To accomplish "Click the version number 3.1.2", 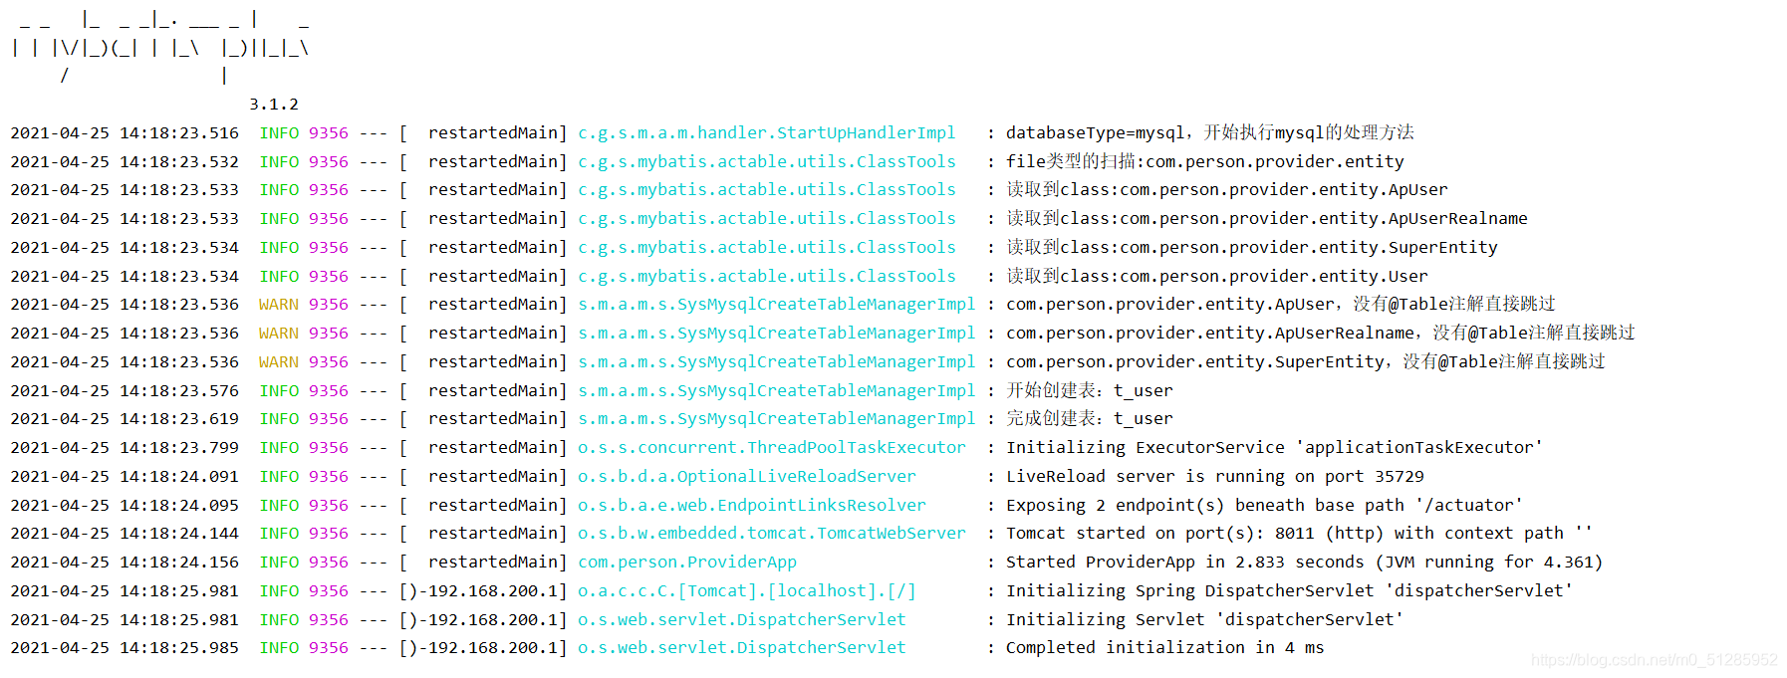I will click(273, 105).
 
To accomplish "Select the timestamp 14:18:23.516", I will click(179, 133).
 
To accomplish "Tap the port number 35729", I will click(1400, 477).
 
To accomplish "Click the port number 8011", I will click(1294, 534).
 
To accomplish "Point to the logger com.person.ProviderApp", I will click(687, 563).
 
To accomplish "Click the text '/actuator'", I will click(1468, 506).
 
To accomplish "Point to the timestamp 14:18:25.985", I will click(179, 648).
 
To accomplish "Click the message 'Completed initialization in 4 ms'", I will click(1164, 648).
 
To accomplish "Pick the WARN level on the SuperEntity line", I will click(278, 362).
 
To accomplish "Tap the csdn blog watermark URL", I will click(1654, 660).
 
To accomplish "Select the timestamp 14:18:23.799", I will click(179, 448).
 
